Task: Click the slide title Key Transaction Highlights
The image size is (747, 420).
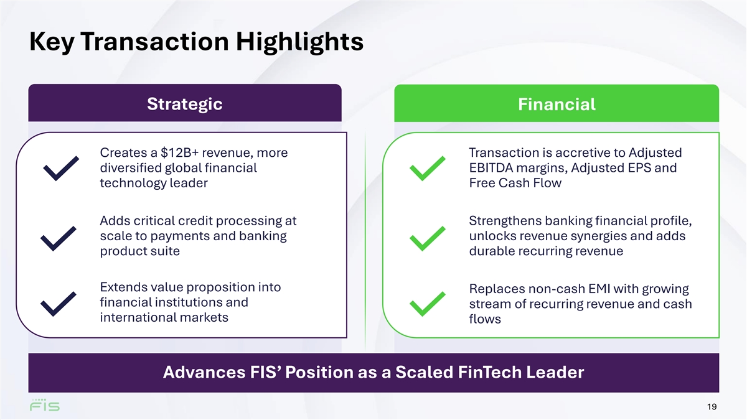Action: point(197,42)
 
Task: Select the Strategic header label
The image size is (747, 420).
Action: point(185,104)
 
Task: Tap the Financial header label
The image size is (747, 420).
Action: point(557,105)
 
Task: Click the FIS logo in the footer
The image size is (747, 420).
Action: point(45,405)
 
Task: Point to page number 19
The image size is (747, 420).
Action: point(712,407)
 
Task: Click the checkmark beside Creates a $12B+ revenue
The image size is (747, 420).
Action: point(61,169)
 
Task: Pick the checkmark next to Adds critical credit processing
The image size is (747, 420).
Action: point(59,238)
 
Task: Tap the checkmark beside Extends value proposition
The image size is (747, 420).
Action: point(59,304)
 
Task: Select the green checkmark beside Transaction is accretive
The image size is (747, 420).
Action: point(428,169)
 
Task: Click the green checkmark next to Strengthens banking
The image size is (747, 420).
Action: point(428,238)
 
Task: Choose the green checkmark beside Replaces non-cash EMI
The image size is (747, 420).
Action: point(428,304)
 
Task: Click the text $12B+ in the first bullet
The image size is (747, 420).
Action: point(179,152)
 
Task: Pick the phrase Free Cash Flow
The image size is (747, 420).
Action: point(515,183)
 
